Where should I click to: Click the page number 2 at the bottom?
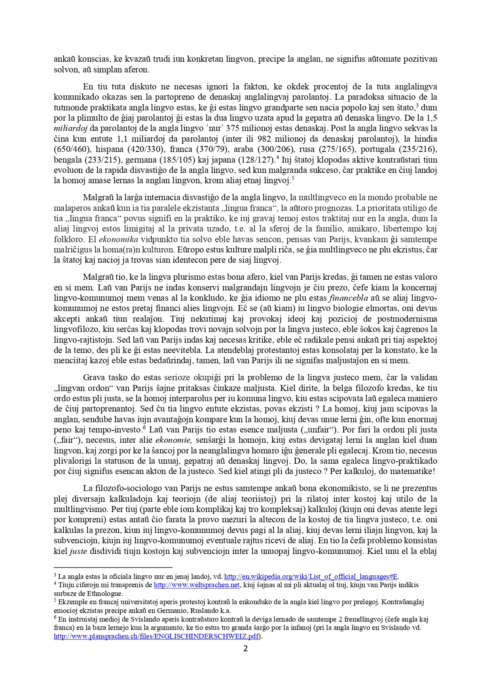(245, 648)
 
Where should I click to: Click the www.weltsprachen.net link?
(197, 585)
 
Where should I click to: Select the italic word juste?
(78, 551)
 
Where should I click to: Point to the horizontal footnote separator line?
(113, 567)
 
